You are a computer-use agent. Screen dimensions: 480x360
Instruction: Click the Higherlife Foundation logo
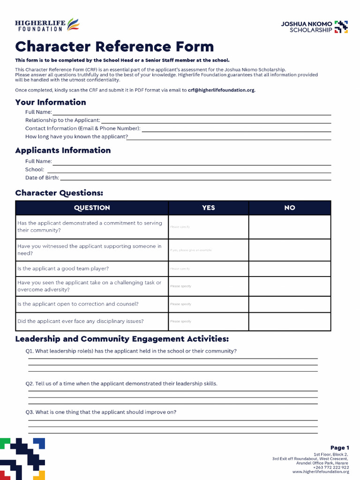coord(47,25)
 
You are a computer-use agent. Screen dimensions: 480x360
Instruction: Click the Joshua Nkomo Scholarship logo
coord(314,27)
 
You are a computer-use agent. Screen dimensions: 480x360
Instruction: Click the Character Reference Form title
coord(114,47)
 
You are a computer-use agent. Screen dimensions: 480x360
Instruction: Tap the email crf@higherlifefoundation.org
coord(221,90)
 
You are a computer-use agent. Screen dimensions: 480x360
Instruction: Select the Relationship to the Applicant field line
coord(216,121)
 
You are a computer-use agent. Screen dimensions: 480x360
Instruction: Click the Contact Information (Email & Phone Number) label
coord(82,128)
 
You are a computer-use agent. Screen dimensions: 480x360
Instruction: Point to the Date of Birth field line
coord(195,179)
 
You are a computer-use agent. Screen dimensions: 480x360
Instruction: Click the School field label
coord(34,170)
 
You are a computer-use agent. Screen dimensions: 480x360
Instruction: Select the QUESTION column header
coord(92,208)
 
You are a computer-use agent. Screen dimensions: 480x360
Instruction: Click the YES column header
coord(209,208)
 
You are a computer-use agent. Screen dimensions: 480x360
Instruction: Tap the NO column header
coord(290,208)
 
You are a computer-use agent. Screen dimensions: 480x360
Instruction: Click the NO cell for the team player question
coord(290,269)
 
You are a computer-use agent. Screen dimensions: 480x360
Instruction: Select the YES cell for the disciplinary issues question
coord(209,322)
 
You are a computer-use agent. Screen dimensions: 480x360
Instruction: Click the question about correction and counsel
coord(78,304)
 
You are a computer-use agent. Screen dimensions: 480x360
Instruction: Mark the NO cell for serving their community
coord(290,227)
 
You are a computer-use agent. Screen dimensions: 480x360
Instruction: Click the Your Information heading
coord(51,102)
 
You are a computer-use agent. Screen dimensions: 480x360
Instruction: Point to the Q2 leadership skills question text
coord(122,383)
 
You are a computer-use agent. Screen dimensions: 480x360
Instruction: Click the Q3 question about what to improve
coord(101,412)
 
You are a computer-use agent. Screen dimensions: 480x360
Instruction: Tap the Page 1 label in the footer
coord(339,448)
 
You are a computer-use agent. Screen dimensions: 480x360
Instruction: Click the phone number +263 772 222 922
coord(331,467)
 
